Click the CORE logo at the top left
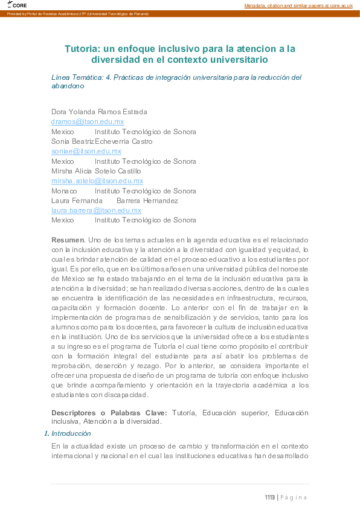coord(18,5)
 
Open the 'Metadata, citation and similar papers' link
coord(298,5)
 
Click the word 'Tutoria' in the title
coord(82,48)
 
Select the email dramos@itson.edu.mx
coord(88,122)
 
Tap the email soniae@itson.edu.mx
coord(86,151)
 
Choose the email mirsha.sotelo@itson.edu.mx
coord(97,181)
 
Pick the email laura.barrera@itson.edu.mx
coord(96,210)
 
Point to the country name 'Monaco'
coord(64,190)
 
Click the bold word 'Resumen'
coord(68,239)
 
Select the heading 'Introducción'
coord(71,433)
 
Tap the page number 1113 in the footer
coord(269,498)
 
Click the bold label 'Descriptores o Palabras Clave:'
coord(109,412)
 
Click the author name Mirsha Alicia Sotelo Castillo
coord(96,171)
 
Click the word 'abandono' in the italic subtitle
coord(68,86)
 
